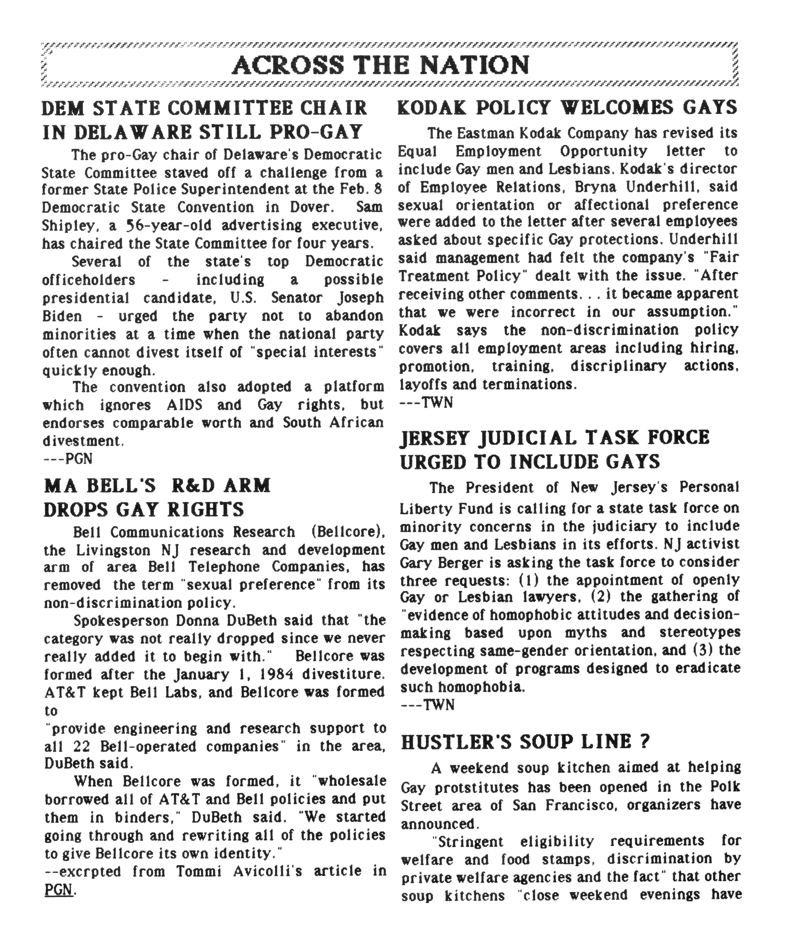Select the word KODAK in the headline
point(429,108)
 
